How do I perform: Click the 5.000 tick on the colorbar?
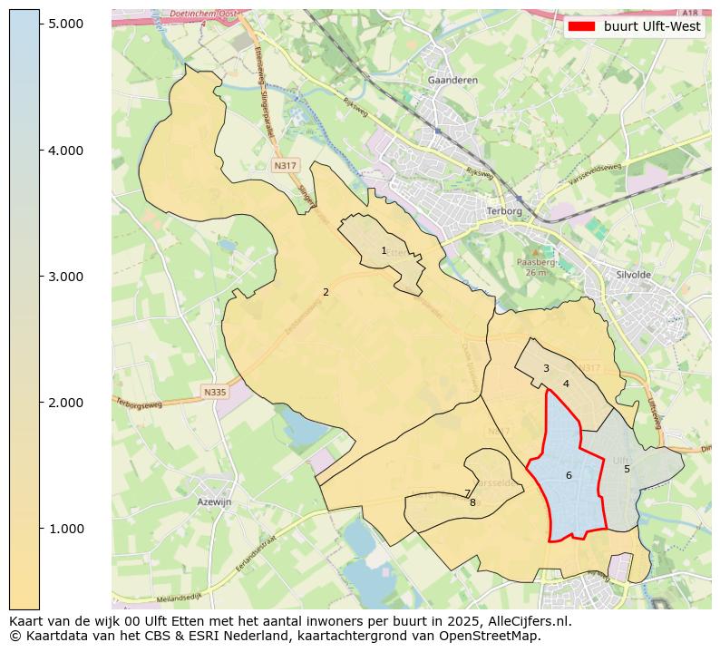[65, 23]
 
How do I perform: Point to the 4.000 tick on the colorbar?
[65, 150]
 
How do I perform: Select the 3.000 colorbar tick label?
[65, 276]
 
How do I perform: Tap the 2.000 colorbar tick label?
[65, 402]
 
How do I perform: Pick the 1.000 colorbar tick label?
[65, 528]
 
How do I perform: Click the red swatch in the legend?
[581, 25]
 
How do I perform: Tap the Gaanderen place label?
[452, 81]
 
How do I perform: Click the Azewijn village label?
[214, 501]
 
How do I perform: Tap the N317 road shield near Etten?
[285, 166]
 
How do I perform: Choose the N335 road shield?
[214, 392]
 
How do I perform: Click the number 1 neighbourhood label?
[384, 250]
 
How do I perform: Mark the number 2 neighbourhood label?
[326, 292]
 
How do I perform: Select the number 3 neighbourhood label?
[546, 368]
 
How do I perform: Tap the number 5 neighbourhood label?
[627, 469]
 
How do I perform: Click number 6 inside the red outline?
[569, 475]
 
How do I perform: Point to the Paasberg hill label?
[535, 262]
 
